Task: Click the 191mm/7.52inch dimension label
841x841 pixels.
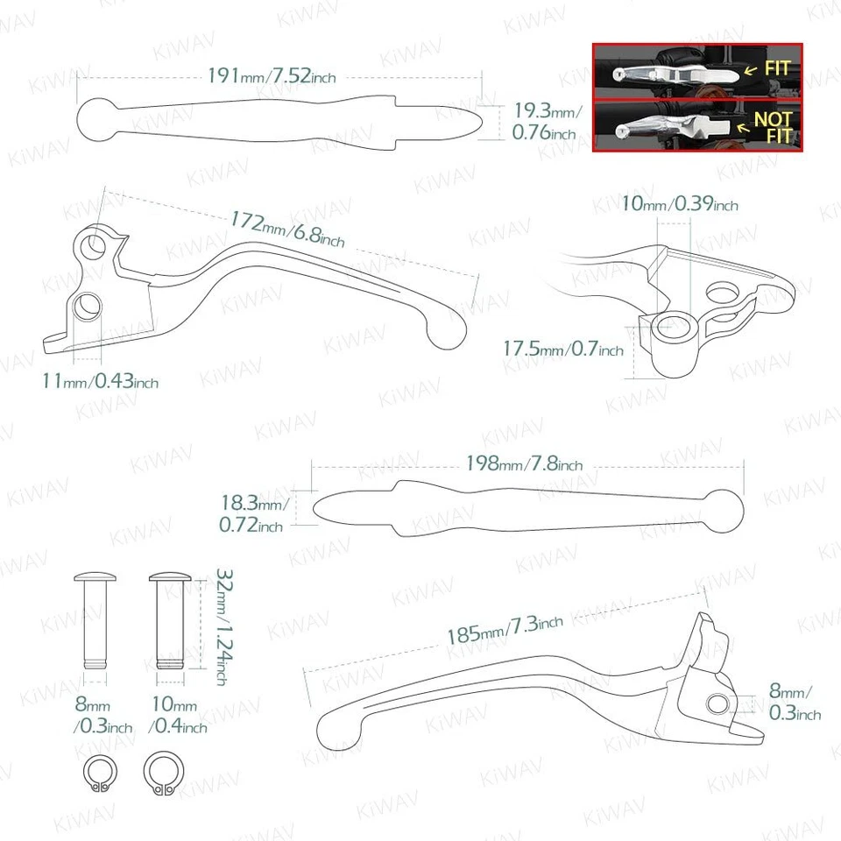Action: [x=272, y=76]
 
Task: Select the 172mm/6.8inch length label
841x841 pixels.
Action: [x=287, y=229]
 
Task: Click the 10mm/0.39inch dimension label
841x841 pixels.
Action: [x=679, y=204]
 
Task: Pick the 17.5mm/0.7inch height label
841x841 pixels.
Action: [x=562, y=349]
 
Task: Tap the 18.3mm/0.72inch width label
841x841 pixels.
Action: [x=251, y=515]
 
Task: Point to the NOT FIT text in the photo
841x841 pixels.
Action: [x=773, y=127]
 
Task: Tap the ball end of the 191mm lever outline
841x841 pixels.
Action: [x=96, y=120]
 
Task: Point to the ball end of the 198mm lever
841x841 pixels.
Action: [x=723, y=509]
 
